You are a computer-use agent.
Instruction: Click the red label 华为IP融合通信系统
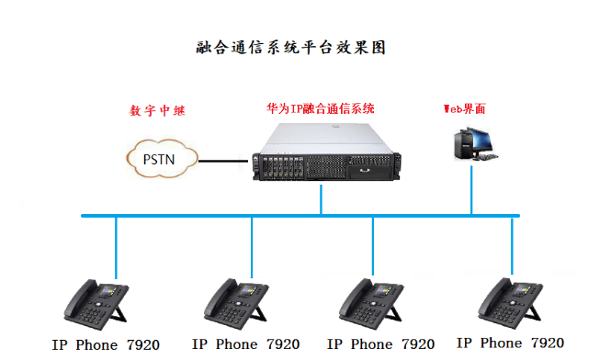pyautogui.click(x=321, y=108)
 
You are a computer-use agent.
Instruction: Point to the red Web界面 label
pyautogui.click(x=464, y=108)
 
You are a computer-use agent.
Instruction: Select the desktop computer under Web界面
pyautogui.click(x=475, y=144)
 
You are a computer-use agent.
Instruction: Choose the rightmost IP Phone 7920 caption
pyautogui.click(x=510, y=343)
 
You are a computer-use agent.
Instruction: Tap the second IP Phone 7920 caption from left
pyautogui.click(x=245, y=345)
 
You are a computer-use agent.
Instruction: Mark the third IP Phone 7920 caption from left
pyautogui.click(x=380, y=345)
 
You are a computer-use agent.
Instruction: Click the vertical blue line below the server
pyautogui.click(x=321, y=199)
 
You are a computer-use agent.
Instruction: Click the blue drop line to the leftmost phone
pyautogui.click(x=117, y=246)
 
